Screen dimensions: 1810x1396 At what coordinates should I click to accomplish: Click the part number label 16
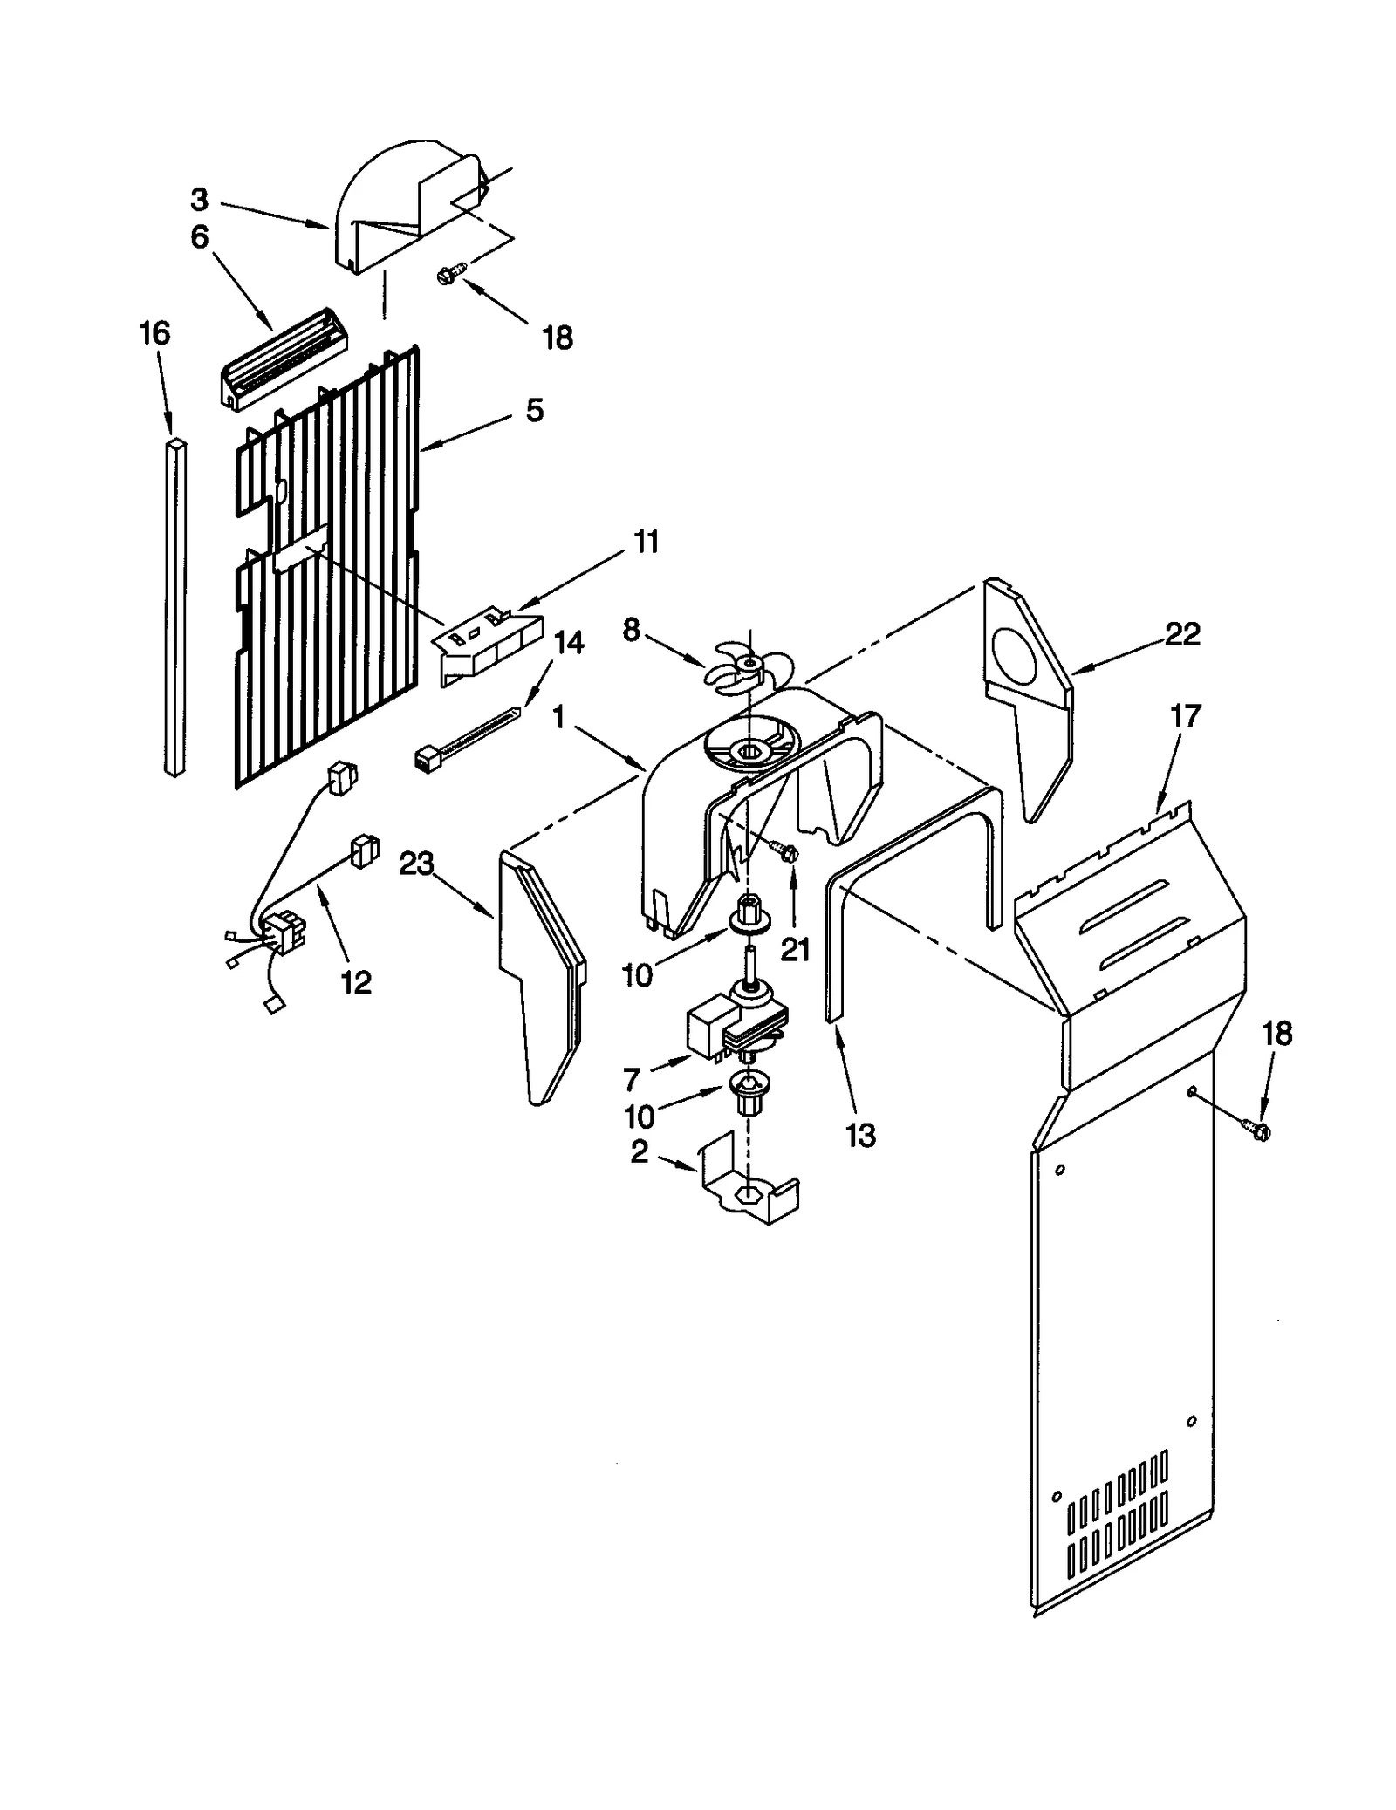click(x=154, y=332)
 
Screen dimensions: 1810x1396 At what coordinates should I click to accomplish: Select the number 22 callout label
click(x=1182, y=633)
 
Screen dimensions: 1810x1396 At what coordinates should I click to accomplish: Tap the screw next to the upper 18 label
click(x=448, y=277)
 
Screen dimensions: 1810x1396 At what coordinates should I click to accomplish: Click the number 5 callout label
click(x=535, y=410)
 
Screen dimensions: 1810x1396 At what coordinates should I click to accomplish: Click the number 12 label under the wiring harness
click(x=356, y=982)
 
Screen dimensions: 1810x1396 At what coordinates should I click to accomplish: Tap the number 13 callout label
click(x=860, y=1136)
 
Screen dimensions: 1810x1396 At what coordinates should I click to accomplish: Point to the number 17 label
click(x=1185, y=716)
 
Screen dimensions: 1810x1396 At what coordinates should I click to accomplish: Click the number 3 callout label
click(x=200, y=200)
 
